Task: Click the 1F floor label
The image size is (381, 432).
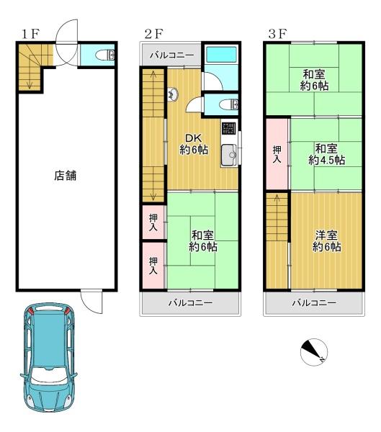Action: tap(30, 34)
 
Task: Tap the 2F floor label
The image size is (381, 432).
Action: tap(154, 34)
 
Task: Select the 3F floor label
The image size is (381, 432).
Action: tap(277, 34)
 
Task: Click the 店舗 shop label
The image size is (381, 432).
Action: tap(66, 176)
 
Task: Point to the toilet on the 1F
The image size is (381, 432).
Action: tap(104, 55)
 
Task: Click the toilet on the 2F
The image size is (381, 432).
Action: tap(228, 104)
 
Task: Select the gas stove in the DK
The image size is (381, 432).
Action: tap(229, 128)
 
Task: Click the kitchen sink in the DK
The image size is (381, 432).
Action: tap(229, 156)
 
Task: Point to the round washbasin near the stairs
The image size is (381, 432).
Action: tap(173, 94)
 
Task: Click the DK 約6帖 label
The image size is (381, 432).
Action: tap(194, 144)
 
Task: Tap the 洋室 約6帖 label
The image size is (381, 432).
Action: tap(327, 240)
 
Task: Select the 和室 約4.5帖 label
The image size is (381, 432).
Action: tap(327, 154)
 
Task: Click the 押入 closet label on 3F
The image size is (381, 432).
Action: tap(277, 154)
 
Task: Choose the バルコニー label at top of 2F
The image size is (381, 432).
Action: tap(171, 55)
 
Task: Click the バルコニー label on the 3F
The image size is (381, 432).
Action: tap(314, 303)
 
